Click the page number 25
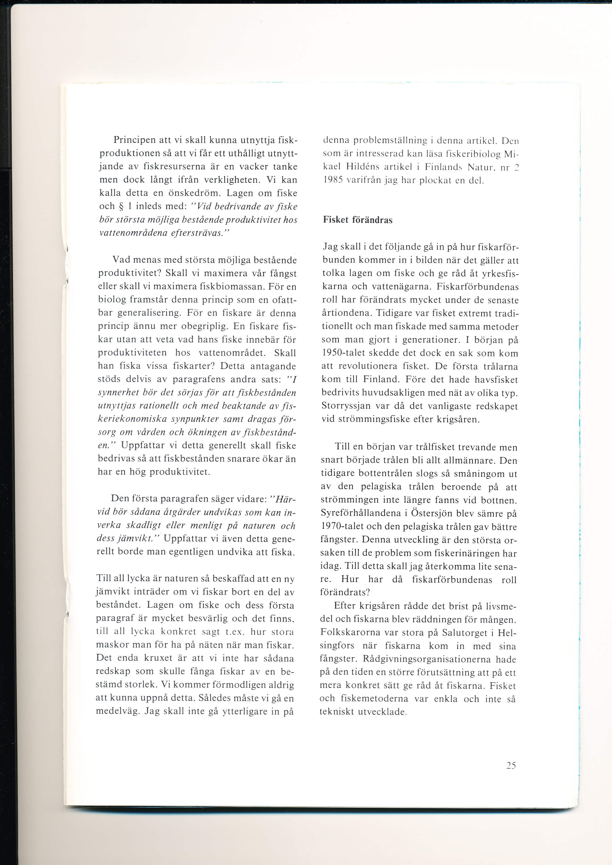pyautogui.click(x=511, y=765)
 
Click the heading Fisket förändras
pyautogui.click(x=358, y=220)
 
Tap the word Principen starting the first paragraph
pyautogui.click(x=134, y=140)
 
